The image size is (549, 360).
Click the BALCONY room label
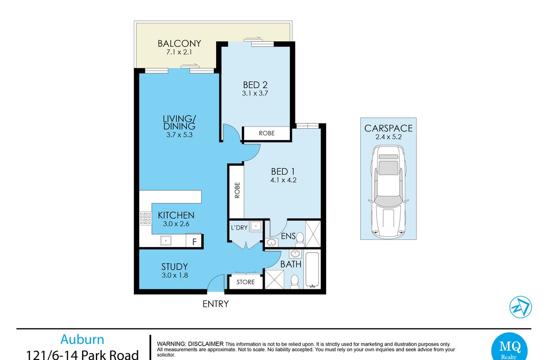tap(179, 44)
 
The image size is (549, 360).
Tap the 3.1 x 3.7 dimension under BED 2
tap(255, 93)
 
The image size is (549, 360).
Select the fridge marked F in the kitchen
tap(194, 241)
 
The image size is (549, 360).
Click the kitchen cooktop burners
tap(145, 218)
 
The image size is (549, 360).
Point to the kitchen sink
tap(166, 240)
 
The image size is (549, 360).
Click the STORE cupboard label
tap(245, 282)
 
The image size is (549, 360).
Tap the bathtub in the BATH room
tap(312, 270)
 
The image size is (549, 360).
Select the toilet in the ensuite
tap(300, 239)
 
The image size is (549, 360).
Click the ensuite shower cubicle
tap(313, 234)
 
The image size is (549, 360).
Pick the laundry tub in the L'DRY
tap(256, 226)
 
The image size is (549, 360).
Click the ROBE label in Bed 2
tap(267, 133)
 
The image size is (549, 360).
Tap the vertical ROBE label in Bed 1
tap(237, 190)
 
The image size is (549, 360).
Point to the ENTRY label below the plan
tap(215, 304)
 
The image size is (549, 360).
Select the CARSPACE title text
tap(389, 128)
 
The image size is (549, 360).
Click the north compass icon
tap(521, 307)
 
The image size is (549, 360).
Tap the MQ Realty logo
tap(509, 346)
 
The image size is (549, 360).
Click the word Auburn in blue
tap(82, 339)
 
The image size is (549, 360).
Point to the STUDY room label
tap(174, 267)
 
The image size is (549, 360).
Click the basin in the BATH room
tap(295, 254)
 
